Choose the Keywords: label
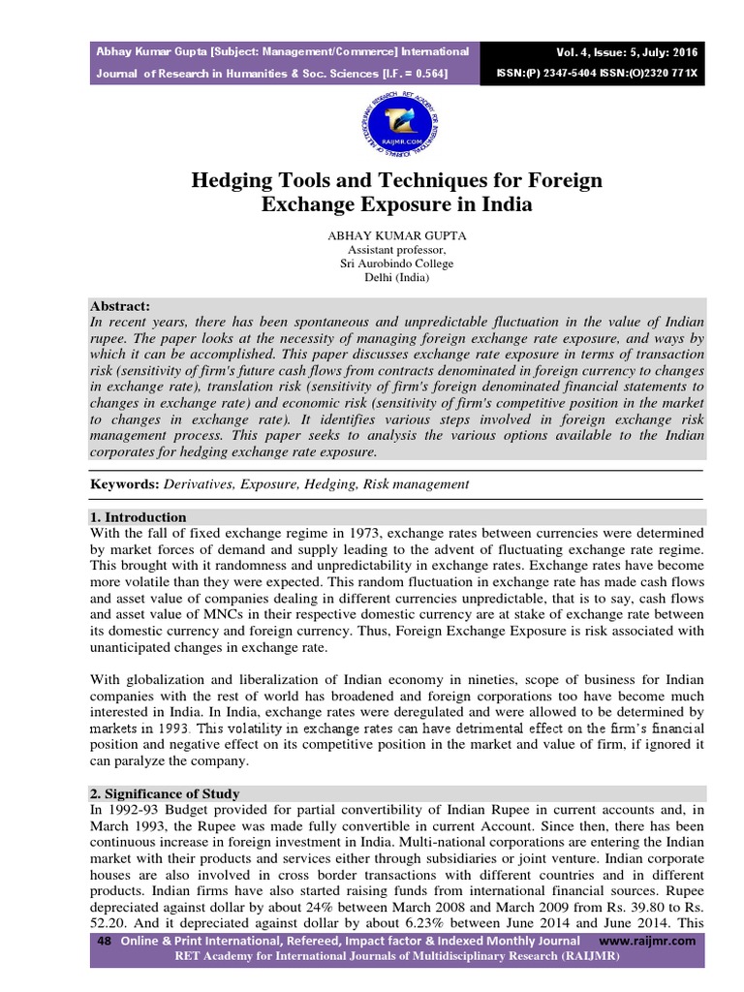pyautogui.click(x=122, y=483)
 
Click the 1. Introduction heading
pyautogui.click(x=138, y=517)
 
